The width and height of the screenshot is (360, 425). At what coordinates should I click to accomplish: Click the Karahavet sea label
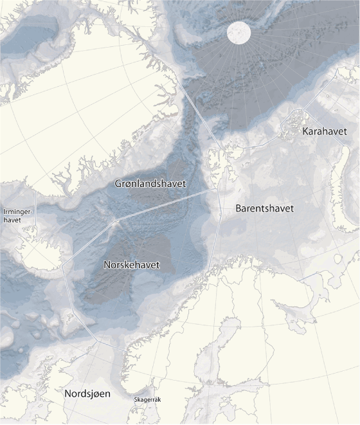pyautogui.click(x=324, y=131)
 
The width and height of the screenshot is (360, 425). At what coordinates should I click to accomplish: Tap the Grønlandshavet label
pyautogui.click(x=150, y=184)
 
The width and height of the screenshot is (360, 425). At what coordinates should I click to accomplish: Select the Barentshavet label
pyautogui.click(x=264, y=209)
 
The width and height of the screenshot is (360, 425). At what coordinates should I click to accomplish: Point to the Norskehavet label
pyautogui.click(x=132, y=264)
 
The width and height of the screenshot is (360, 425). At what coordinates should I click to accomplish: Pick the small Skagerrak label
pyautogui.click(x=147, y=400)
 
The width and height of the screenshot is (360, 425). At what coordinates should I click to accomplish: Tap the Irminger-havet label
pyautogui.click(x=13, y=215)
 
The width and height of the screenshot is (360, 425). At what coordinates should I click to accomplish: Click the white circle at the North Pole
pyautogui.click(x=239, y=33)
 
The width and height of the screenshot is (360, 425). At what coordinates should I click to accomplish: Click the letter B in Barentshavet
pyautogui.click(x=239, y=209)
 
